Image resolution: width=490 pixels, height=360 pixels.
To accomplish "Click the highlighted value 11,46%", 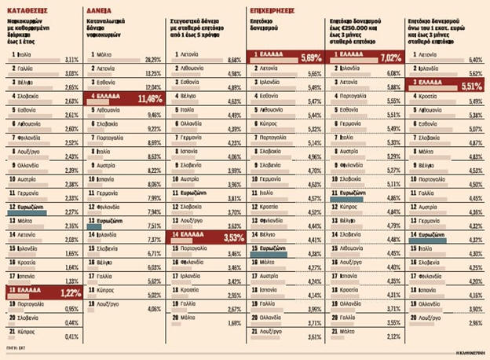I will click(150, 98).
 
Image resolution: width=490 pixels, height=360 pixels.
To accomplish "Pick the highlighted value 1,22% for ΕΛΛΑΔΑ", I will click(70, 292).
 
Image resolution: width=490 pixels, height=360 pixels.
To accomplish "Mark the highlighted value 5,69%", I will click(308, 57).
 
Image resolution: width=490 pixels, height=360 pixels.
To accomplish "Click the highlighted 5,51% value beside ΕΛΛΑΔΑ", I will click(469, 86).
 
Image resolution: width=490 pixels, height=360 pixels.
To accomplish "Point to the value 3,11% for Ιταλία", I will click(71, 60).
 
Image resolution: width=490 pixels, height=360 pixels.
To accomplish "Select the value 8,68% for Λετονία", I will click(232, 60).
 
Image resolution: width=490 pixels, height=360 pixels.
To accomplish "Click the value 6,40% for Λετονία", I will click(474, 60).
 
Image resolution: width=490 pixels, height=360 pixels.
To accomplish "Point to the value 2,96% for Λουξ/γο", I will click(474, 322).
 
